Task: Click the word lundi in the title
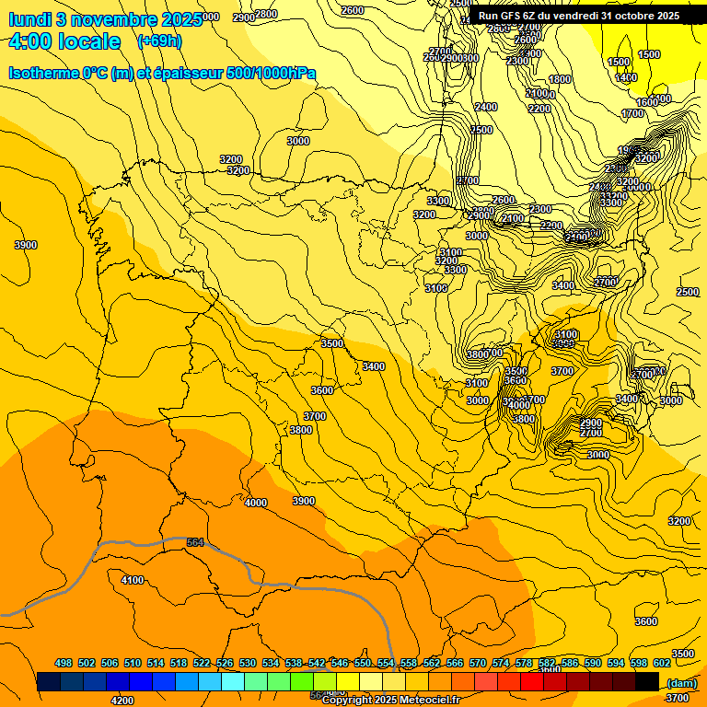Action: coord(29,19)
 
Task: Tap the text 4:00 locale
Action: coord(64,42)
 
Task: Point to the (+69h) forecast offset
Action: coord(159,41)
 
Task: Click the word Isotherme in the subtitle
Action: coord(46,74)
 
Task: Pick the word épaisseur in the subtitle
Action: coord(193,74)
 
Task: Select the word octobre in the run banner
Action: coord(629,16)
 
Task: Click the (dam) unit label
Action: coord(680,683)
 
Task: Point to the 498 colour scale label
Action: coord(64,664)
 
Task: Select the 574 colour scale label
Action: coord(501,664)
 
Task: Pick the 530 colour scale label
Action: coord(248,664)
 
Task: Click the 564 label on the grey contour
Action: coord(195,543)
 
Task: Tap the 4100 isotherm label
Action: coord(133,581)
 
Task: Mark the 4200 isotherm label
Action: coord(122,701)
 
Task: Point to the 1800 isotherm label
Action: coord(560,80)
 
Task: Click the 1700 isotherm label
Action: coord(632,114)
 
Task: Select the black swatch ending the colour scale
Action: coord(647,682)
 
